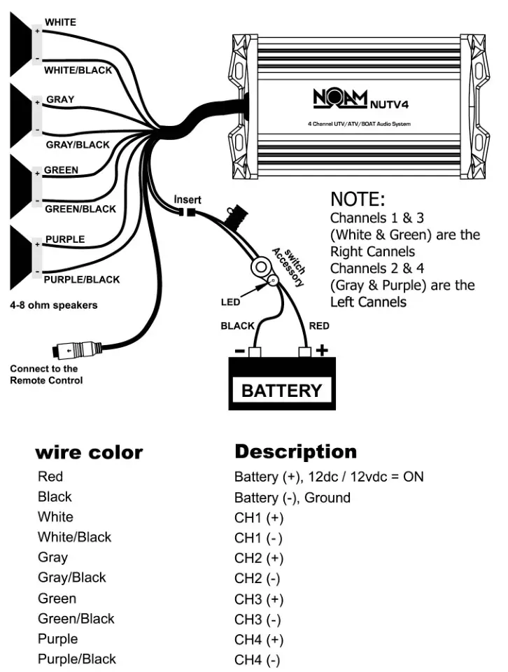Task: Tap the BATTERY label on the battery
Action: [281, 391]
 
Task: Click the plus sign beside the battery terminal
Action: [321, 350]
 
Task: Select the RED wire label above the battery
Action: [318, 326]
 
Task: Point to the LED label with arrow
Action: [230, 302]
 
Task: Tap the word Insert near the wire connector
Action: [188, 199]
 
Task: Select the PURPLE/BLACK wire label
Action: [81, 279]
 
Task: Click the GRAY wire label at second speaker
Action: [60, 99]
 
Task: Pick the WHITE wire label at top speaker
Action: [60, 22]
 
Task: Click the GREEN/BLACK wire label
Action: [80, 209]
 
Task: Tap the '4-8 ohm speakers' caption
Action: [53, 305]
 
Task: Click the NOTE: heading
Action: [358, 199]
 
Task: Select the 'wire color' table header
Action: [89, 452]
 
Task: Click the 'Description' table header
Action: [295, 451]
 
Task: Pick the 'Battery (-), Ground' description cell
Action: [292, 498]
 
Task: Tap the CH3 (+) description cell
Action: [258, 599]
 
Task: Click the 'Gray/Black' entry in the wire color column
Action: [71, 577]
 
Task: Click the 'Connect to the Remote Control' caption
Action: [46, 374]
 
